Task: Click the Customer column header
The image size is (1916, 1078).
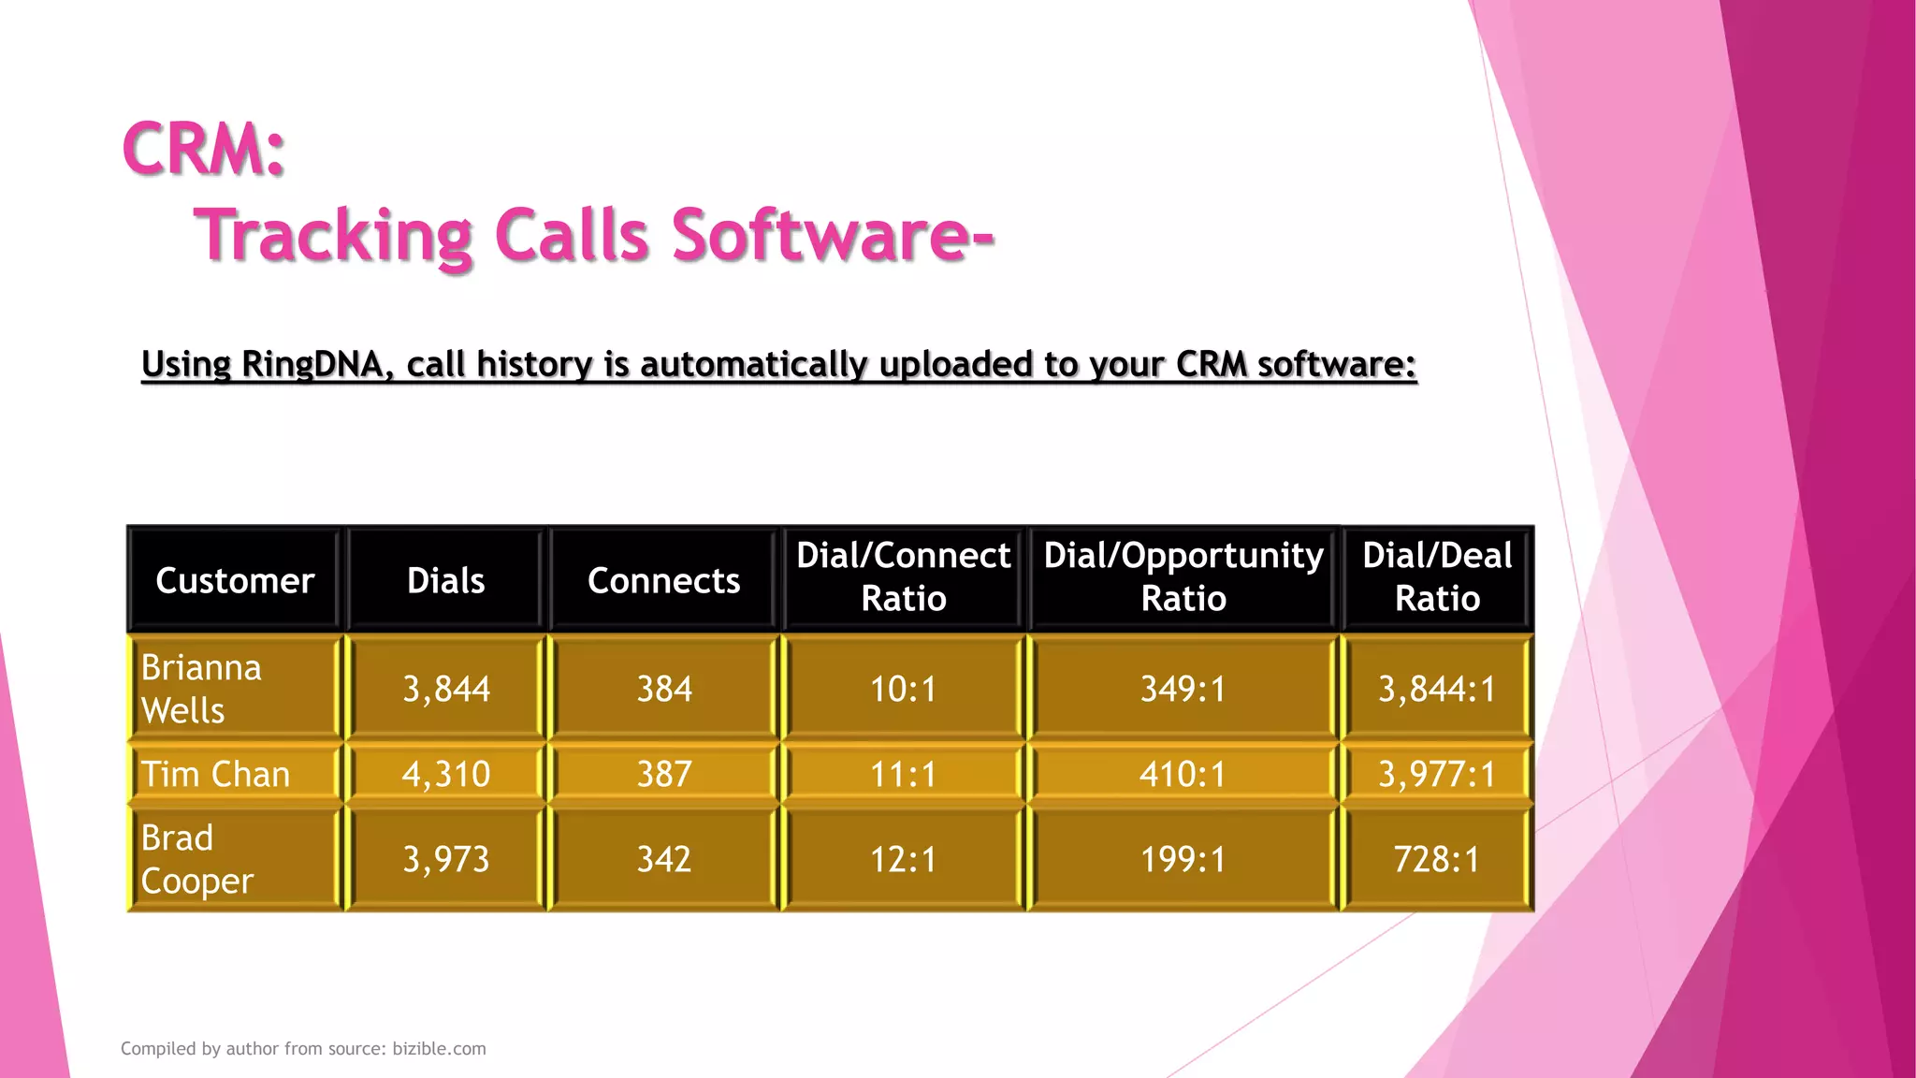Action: click(x=235, y=580)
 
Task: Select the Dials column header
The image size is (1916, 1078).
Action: click(x=446, y=580)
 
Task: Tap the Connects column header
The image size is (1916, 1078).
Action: click(x=663, y=580)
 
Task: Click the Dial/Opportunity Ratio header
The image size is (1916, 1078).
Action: click(x=1183, y=576)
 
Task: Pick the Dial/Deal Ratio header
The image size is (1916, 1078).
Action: click(x=1437, y=576)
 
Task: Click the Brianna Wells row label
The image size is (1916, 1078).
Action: click(x=201, y=689)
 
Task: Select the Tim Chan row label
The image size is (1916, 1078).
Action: click(x=215, y=775)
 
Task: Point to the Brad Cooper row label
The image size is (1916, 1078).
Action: click(x=196, y=859)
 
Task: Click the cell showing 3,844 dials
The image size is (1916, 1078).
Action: click(x=446, y=690)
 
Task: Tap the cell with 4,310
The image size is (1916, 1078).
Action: click(x=446, y=775)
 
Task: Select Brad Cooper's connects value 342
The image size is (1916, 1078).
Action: click(x=663, y=859)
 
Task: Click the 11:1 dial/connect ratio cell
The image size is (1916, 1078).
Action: click(x=903, y=775)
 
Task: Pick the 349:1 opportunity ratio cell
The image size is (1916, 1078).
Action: click(x=1183, y=690)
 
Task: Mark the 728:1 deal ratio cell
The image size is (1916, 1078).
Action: click(x=1437, y=859)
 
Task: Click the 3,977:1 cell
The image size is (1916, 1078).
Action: click(x=1437, y=775)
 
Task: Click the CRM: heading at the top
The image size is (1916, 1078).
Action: click(x=204, y=150)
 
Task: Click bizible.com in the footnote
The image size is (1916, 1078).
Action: click(x=439, y=1049)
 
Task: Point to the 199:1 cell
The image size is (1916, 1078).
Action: click(x=1183, y=859)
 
